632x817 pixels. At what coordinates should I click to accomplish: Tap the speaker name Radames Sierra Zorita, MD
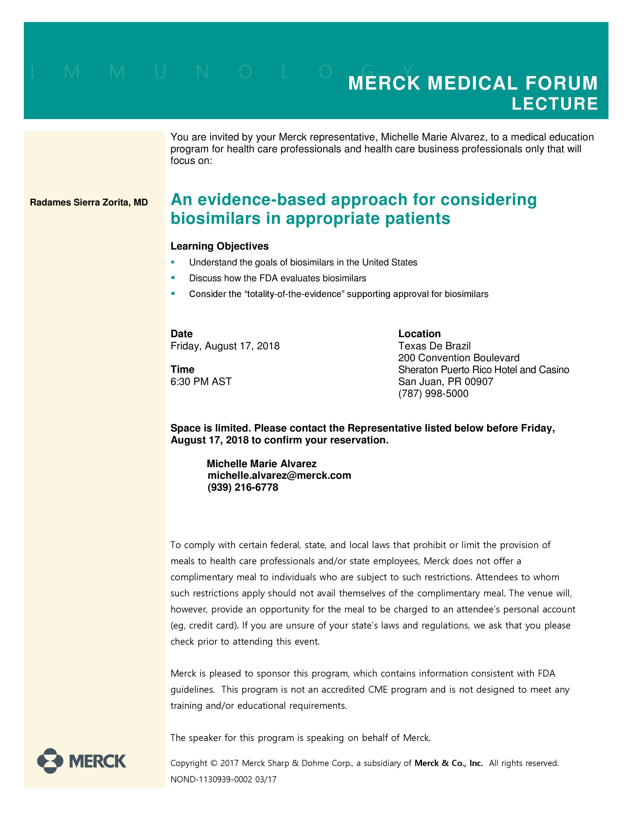click(x=89, y=202)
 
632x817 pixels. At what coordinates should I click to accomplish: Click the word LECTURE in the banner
click(x=554, y=104)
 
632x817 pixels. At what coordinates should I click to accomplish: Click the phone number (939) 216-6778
click(x=243, y=487)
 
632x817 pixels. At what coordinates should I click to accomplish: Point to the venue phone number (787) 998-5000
click(x=433, y=394)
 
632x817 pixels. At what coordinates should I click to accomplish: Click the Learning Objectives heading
click(x=219, y=246)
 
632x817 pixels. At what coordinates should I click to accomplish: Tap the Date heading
click(x=182, y=334)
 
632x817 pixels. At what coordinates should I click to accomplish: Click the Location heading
click(x=419, y=334)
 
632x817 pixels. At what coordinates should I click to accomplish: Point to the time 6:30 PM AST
click(x=201, y=382)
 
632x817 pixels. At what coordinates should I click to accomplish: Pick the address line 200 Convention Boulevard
click(x=459, y=358)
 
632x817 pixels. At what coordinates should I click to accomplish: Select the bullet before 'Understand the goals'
click(x=173, y=262)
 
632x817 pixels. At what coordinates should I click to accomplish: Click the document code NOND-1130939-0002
click(x=211, y=779)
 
